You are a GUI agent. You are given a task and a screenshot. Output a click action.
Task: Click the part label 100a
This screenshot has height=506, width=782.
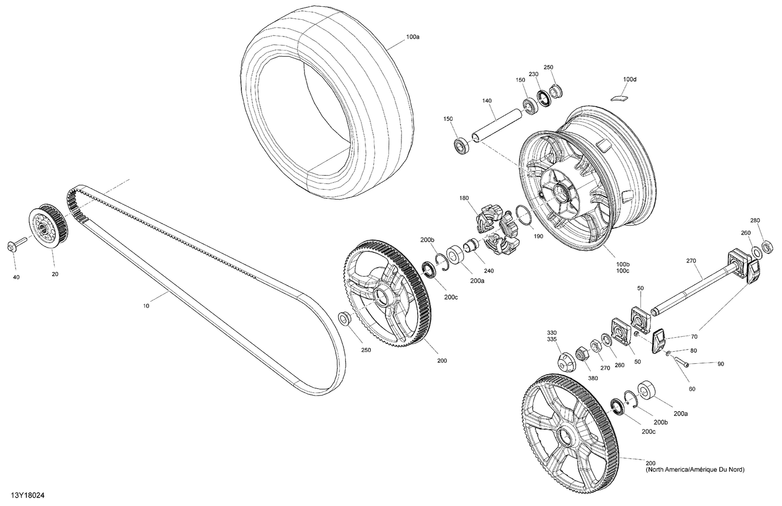coord(412,38)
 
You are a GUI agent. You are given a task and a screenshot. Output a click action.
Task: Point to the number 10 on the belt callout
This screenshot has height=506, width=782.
coord(146,306)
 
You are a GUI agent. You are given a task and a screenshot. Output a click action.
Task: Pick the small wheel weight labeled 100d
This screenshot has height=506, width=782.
coord(619,97)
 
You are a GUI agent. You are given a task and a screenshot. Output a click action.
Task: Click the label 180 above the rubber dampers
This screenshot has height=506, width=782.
coord(464,198)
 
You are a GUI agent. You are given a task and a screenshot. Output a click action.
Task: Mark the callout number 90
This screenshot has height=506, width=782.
coord(720,364)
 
